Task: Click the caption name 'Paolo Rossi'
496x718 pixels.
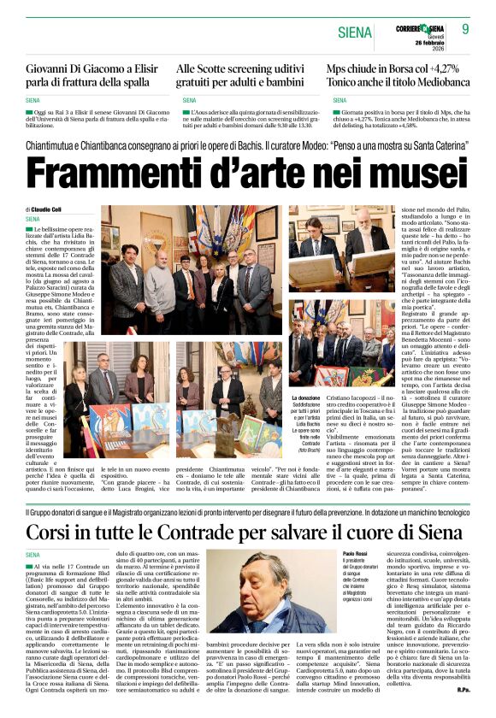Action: [354, 554]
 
